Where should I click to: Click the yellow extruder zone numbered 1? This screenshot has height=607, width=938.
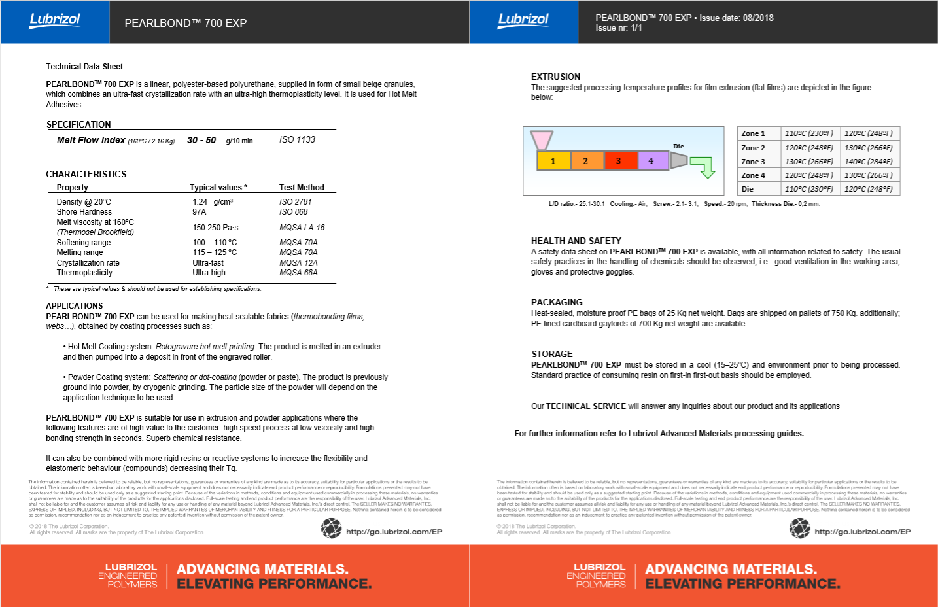pos(553,160)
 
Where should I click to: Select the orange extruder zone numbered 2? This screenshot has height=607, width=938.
pos(586,160)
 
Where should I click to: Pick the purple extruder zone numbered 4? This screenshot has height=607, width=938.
pos(651,160)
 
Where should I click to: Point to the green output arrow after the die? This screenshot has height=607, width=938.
pos(704,166)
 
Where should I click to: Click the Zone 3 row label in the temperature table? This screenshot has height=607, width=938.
pos(753,162)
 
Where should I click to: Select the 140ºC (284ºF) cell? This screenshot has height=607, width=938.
pos(868,162)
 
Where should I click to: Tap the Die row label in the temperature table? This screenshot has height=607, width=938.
pos(748,189)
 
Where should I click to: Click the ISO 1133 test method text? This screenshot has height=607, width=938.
pos(297,139)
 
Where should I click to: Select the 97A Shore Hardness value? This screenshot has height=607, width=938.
pos(200,212)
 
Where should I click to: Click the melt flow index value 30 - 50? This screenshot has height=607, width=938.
pos(201,140)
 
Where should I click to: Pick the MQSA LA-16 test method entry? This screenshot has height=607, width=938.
pos(302,228)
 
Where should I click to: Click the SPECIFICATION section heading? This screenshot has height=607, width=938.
pos(78,124)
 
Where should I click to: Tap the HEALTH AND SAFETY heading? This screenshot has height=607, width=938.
pos(576,241)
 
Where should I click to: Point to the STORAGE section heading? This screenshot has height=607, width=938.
pos(551,354)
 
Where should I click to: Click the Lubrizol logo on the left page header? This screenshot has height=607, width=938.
pos(55,20)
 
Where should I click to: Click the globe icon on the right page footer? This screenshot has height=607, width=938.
pos(799,529)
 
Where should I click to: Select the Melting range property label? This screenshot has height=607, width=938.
pos(80,252)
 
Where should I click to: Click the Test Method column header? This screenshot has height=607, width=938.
pos(302,188)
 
